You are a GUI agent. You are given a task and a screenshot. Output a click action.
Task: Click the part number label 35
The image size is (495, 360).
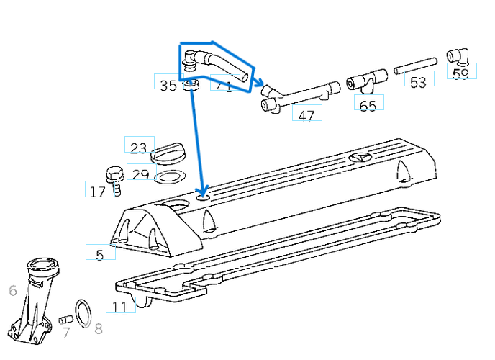pyautogui.click(x=168, y=86)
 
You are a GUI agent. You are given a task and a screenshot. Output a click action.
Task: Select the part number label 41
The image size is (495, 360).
pyautogui.click(x=224, y=86)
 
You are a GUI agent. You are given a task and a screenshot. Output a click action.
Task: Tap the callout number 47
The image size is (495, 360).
pyautogui.click(x=306, y=115)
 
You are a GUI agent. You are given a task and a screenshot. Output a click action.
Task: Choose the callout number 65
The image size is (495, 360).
pyautogui.click(x=368, y=106)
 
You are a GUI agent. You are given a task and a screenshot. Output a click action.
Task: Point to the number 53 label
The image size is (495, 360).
pyautogui.click(x=418, y=82)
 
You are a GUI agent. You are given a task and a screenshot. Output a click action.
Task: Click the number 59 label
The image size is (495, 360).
pyautogui.click(x=460, y=73)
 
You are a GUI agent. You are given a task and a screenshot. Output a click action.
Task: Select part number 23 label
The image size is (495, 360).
pyautogui.click(x=139, y=148)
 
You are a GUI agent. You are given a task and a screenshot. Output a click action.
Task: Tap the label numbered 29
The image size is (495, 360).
pyautogui.click(x=140, y=175)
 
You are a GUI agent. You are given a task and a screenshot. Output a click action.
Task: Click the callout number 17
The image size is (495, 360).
pyautogui.click(x=98, y=191)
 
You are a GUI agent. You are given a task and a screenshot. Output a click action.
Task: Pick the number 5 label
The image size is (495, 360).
pyautogui.click(x=100, y=254)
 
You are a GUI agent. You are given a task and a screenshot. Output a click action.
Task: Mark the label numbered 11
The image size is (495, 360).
pyautogui.click(x=120, y=307)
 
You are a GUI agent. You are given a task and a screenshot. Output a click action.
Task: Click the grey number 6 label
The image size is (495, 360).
pyautogui.click(x=12, y=291)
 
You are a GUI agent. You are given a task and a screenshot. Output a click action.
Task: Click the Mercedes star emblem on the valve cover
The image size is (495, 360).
pyautogui.click(x=359, y=158)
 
